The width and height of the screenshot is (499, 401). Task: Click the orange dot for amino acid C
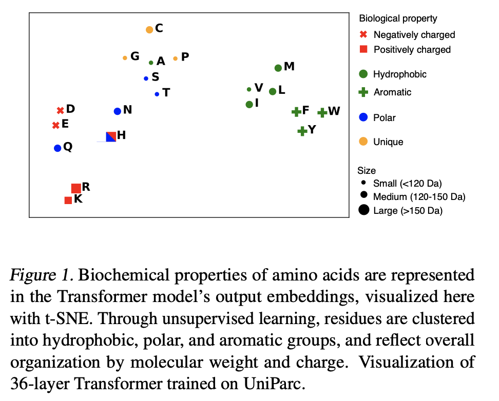(149, 30)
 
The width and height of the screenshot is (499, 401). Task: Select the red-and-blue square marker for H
(110, 136)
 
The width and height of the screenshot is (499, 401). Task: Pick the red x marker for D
(60, 110)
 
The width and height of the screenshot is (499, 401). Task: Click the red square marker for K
(68, 200)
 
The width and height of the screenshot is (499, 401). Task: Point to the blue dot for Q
(57, 148)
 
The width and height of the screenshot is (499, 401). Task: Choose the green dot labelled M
(278, 68)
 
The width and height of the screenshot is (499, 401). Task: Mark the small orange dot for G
(125, 58)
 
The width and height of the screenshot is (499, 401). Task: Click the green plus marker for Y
(302, 131)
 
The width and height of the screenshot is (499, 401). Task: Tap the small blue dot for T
(157, 94)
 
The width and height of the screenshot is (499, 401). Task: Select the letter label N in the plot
(128, 110)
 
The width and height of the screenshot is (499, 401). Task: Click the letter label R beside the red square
(86, 187)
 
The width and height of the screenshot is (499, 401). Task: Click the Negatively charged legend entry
(414, 35)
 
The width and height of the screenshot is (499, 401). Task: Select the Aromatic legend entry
(392, 92)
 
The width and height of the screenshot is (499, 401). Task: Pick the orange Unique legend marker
(363, 142)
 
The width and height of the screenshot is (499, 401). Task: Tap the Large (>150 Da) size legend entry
(407, 210)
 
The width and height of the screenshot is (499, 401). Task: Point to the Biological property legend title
(398, 18)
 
